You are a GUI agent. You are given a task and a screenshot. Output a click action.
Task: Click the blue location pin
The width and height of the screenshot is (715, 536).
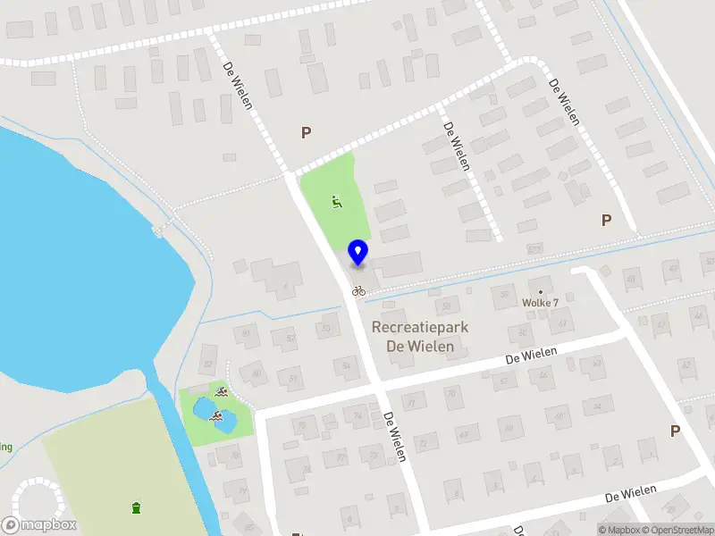pyautogui.click(x=357, y=252)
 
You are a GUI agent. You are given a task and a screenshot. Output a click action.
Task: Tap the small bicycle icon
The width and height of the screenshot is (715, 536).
pyautogui.click(x=358, y=290)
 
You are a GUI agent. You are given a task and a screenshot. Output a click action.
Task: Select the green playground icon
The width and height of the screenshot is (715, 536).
pyautogui.click(x=336, y=202)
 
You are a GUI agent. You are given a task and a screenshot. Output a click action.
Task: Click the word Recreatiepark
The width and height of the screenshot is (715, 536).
pyautogui.click(x=419, y=328)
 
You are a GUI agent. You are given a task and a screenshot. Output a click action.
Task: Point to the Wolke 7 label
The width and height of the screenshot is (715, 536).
pyautogui.click(x=541, y=303)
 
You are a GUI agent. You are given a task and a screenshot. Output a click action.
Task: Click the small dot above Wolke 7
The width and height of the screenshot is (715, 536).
pyautogui.click(x=541, y=291)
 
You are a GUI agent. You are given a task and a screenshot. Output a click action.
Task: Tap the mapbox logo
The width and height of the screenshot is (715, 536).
pyautogui.click(x=38, y=524)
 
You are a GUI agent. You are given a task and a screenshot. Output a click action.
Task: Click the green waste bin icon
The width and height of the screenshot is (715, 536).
pyautogui.click(x=136, y=508)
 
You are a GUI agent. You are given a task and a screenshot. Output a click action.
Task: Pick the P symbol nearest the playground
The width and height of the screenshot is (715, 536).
pyautogui.click(x=306, y=132)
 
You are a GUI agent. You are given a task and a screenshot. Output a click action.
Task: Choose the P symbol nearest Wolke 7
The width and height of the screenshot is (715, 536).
pyautogui.click(x=606, y=220)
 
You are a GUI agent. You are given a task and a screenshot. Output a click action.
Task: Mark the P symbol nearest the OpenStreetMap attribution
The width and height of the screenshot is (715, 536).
pyautogui.click(x=675, y=431)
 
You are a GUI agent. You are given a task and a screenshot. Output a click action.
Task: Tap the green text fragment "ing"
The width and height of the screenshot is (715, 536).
pyautogui.click(x=6, y=446)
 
